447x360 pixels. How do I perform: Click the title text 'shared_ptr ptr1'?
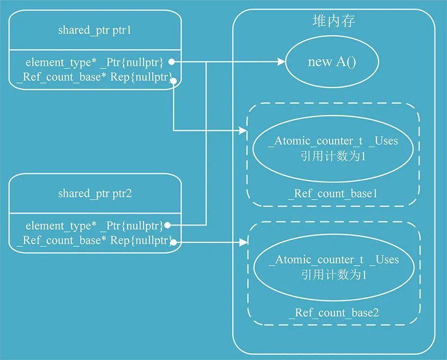(94, 30)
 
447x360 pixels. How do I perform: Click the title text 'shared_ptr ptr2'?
(94, 194)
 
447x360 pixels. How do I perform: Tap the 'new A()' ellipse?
(332, 62)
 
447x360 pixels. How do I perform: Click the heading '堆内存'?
(333, 21)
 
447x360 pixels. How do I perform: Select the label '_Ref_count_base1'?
(332, 194)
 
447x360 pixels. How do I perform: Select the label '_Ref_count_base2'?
(333, 313)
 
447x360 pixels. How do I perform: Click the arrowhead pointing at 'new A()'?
(281, 62)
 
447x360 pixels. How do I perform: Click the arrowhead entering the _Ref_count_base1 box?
(243, 131)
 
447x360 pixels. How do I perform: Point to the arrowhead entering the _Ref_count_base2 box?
(244, 242)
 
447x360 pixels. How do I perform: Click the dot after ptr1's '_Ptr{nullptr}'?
(171, 62)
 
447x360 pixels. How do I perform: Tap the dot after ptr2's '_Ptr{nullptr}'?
(168, 225)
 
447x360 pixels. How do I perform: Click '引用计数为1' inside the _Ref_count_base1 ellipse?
(333, 155)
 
